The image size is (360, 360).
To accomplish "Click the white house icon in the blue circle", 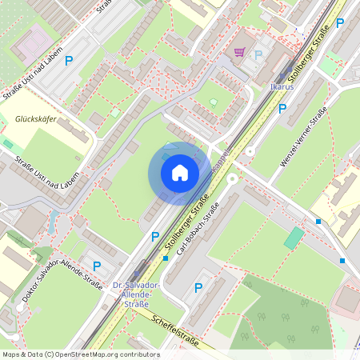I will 179,172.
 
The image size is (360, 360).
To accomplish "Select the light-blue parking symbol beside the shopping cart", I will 258,54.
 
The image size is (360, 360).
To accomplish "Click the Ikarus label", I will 282,86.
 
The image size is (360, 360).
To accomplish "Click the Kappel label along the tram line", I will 222,158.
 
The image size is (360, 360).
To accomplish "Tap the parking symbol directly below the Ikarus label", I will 282,109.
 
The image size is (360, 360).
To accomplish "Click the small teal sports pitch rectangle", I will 294,238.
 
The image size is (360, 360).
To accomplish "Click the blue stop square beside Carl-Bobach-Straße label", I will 166,258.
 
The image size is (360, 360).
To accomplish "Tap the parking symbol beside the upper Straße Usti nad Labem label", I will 69,60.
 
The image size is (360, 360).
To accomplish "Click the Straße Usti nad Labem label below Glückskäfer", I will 46,169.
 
